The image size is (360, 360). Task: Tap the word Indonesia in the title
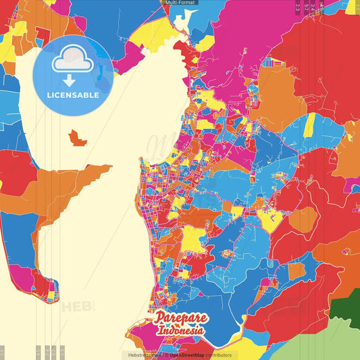click(182, 331)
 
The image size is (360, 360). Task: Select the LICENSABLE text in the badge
click(73, 95)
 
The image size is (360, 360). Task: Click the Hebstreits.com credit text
click(143, 355)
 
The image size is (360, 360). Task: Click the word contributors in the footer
click(218, 355)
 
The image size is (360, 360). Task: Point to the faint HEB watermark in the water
click(78, 307)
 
